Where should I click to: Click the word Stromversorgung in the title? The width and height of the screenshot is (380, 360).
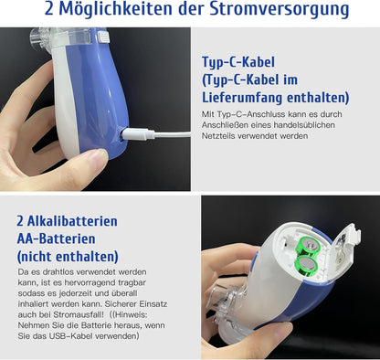tap(280, 9)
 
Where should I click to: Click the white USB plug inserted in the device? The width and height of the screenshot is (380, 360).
tap(138, 134)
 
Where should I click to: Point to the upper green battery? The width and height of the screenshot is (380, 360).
tap(308, 246)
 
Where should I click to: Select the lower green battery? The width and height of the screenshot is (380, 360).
tap(307, 266)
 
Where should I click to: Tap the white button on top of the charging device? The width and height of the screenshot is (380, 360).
tap(104, 37)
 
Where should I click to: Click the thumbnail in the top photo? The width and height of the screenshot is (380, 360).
tap(95, 154)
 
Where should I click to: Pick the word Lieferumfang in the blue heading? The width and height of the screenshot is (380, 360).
tap(242, 98)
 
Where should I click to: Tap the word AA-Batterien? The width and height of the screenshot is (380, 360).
tap(56, 238)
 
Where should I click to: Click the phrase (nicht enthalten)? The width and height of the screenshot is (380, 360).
tap(68, 257)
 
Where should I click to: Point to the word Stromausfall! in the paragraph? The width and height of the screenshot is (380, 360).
tap(79, 314)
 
